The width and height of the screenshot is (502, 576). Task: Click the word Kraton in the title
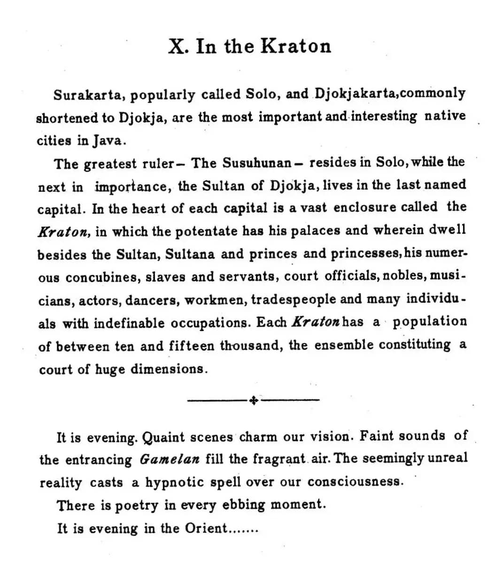pos(295,46)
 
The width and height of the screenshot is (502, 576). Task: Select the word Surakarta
pos(88,95)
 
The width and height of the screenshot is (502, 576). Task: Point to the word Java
pos(111,140)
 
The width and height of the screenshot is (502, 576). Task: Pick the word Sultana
pos(190,254)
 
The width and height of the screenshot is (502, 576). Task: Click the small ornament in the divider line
pos(253,400)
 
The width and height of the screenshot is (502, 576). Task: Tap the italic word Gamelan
pos(170,459)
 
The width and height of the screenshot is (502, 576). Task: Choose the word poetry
pos(137,505)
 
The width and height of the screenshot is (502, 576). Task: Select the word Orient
pos(205,528)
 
